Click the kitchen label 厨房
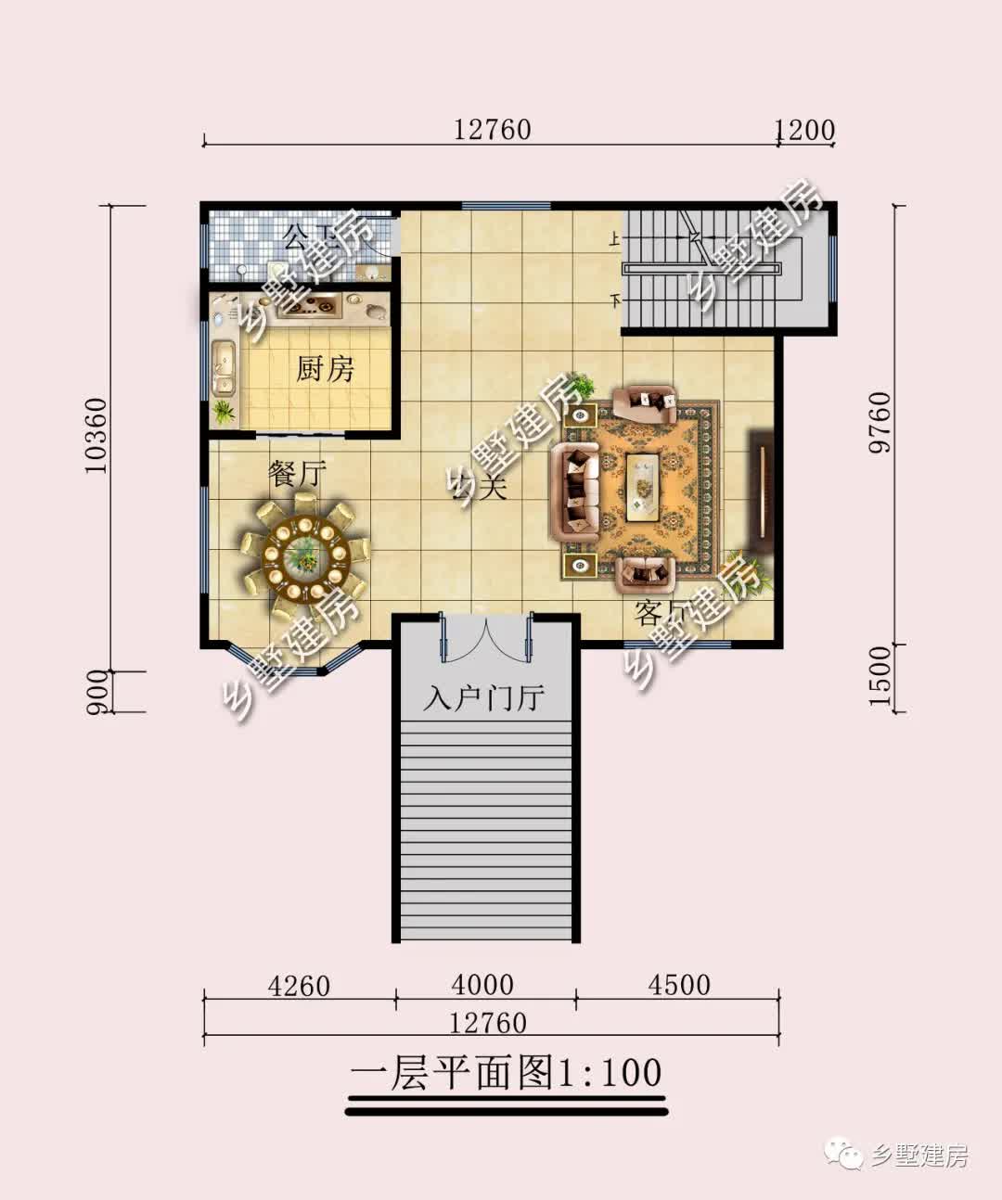[x=326, y=369]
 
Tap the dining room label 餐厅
[x=298, y=475]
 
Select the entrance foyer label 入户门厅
[x=483, y=697]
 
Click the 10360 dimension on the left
[x=96, y=436]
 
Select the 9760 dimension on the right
[x=879, y=422]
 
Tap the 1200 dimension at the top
[x=804, y=130]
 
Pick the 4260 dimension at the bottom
[x=299, y=985]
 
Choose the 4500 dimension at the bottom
[x=679, y=985]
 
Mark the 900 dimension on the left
[x=97, y=693]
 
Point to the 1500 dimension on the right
[x=879, y=676]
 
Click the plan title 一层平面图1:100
[x=507, y=1073]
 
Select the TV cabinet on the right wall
[x=760, y=483]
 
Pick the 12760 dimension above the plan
[x=493, y=130]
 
